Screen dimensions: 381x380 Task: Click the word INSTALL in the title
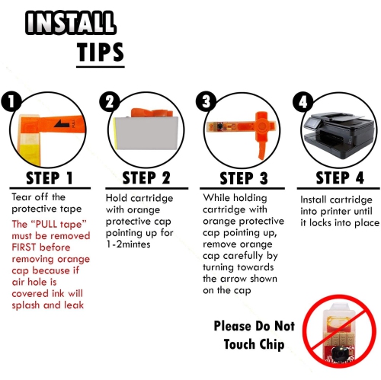click(x=71, y=23)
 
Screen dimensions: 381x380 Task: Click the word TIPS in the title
click(x=101, y=52)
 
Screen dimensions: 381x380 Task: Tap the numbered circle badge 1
click(x=11, y=102)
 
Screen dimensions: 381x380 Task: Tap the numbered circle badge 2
click(x=110, y=102)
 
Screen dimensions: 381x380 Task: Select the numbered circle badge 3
click(x=206, y=101)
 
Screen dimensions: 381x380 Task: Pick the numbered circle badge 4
click(x=303, y=102)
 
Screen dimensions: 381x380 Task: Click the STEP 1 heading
click(x=50, y=178)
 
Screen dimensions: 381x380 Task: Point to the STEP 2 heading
click(x=146, y=177)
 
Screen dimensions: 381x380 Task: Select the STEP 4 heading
click(x=340, y=177)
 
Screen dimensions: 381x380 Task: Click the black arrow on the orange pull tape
click(x=62, y=123)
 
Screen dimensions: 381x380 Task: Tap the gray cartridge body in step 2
click(x=146, y=133)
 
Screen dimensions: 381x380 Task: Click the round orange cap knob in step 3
click(x=261, y=126)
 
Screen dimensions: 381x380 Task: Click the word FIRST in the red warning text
click(x=24, y=247)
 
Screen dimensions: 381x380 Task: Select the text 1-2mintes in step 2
click(x=128, y=244)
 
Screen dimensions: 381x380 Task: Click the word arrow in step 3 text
click(x=234, y=279)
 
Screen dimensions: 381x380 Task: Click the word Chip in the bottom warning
click(x=271, y=345)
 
